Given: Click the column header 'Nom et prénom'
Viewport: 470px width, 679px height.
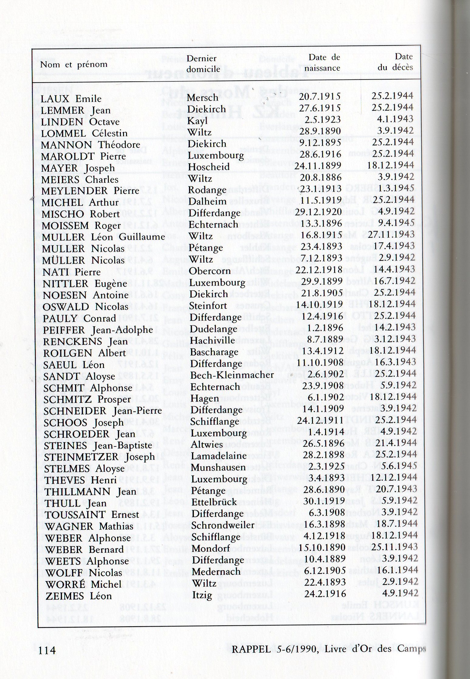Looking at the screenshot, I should coord(74,64).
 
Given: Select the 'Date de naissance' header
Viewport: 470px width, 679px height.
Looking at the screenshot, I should coord(322,63).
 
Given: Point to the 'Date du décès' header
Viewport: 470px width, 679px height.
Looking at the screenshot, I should coord(395,62).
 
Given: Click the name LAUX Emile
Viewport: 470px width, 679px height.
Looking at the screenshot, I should coord(71,99).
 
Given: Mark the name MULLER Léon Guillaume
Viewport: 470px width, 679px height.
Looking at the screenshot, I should coord(103,237).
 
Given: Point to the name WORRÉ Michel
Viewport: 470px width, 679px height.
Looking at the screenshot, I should coord(83,584).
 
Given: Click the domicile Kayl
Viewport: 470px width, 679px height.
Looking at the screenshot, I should coord(197,121).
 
